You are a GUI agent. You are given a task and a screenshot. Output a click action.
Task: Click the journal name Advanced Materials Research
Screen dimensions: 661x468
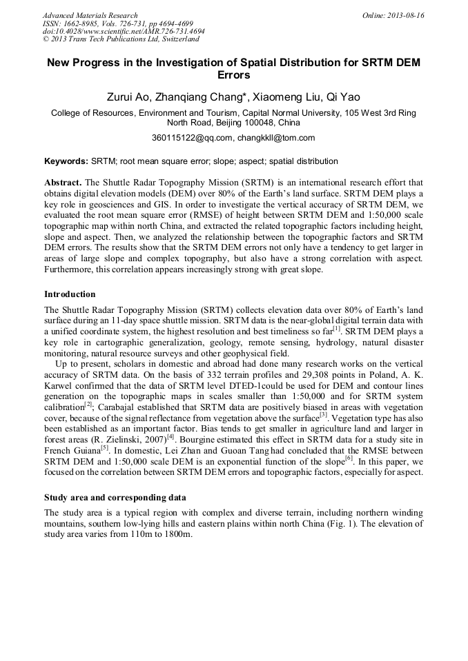(x=90, y=15)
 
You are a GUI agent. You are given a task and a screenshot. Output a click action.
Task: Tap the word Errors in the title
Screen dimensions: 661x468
(x=233, y=75)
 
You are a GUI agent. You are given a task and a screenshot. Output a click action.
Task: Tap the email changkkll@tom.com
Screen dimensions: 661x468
(x=276, y=138)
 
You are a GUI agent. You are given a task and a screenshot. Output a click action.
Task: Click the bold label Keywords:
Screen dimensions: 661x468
(x=66, y=161)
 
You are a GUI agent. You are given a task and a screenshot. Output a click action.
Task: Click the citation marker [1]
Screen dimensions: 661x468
(x=336, y=328)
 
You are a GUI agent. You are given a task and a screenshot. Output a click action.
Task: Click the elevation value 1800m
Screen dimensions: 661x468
(x=177, y=535)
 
